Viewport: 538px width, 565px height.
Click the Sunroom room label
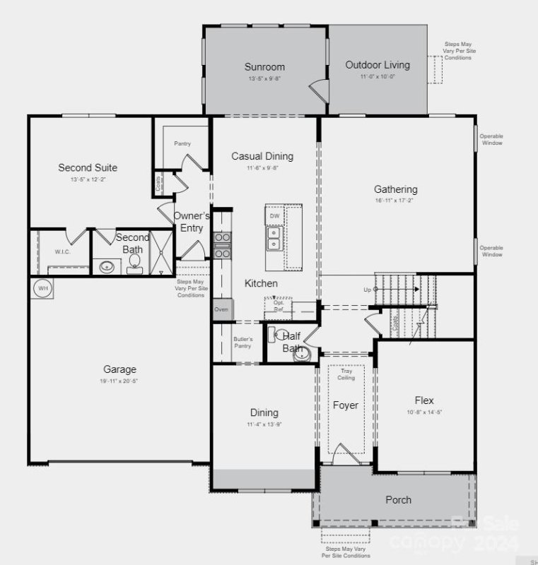[x=264, y=67]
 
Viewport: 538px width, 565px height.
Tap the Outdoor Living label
[x=377, y=65]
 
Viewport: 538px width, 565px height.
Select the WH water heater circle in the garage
[x=42, y=288]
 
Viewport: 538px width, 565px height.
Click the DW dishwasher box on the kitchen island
[x=274, y=215]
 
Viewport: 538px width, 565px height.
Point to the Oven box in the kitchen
[x=221, y=309]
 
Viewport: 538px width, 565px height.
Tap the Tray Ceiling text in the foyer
[x=346, y=374]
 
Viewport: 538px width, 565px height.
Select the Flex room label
[x=425, y=400]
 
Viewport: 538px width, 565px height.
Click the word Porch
[x=398, y=500]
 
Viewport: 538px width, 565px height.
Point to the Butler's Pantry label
[x=242, y=343]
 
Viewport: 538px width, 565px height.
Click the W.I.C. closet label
[x=62, y=251]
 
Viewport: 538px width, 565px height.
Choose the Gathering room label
[x=395, y=189]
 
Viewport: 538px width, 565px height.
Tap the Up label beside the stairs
[x=366, y=290]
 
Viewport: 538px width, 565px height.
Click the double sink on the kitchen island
[x=274, y=239]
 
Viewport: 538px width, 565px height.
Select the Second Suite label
[x=88, y=167]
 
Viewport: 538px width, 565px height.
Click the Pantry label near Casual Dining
[x=182, y=143]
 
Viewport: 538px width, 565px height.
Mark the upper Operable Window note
[x=491, y=140]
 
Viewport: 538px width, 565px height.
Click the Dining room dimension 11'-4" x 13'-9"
[x=264, y=424]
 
